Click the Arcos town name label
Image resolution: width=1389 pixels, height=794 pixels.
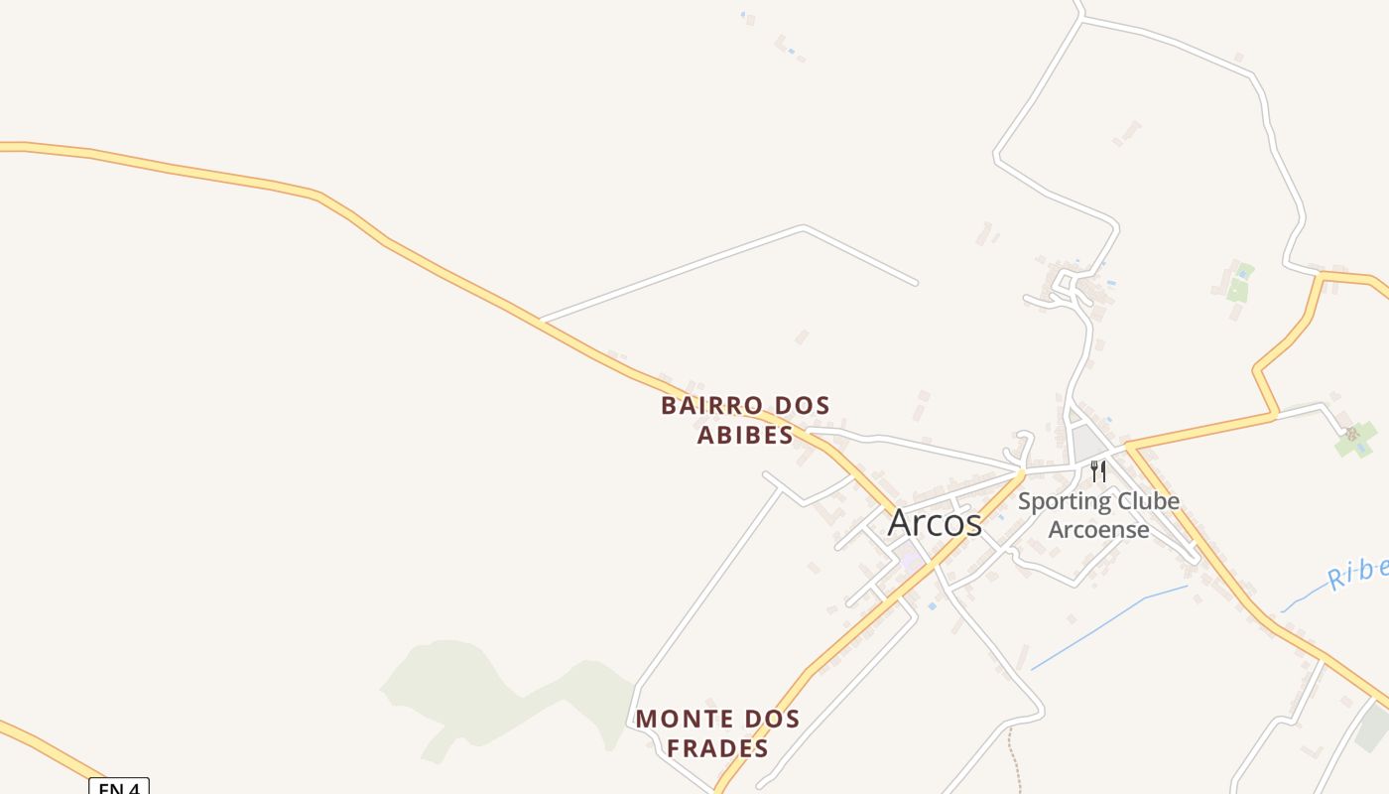point(934,523)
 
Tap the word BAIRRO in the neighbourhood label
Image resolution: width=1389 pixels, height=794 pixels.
point(711,406)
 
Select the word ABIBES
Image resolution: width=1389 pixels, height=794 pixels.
point(744,436)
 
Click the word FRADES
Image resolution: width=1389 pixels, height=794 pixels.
point(717,748)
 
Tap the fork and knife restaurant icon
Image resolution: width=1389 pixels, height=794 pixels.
point(1097,470)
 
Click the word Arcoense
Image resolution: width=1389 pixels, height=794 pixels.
point(1098,529)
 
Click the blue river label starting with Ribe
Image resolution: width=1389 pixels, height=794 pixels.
point(1357,572)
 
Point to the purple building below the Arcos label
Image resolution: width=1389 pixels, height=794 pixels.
point(910,561)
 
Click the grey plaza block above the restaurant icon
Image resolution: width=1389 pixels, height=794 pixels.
point(1088,442)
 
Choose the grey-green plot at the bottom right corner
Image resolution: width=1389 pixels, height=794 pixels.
point(1374,729)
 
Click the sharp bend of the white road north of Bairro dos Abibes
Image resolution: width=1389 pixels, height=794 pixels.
point(804,227)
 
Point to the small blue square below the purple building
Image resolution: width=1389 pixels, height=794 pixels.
point(932,604)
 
